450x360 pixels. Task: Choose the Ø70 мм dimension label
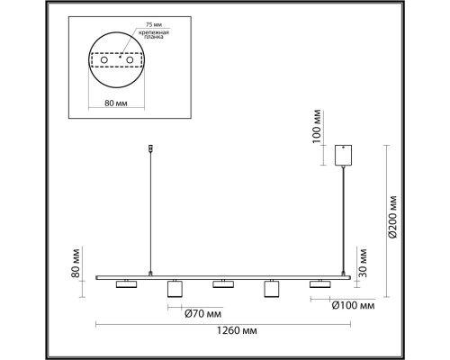point(202,314)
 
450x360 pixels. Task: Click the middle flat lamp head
point(224,284)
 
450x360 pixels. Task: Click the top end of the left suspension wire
point(150,147)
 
